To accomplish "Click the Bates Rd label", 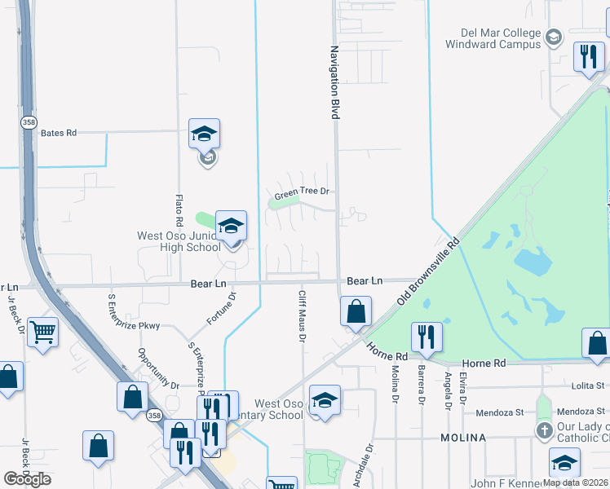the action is [x=58, y=132].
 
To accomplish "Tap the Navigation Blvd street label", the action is [x=334, y=82].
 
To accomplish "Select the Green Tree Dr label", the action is [x=301, y=193].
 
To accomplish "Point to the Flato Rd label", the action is [x=179, y=210].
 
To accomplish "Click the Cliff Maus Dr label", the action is [x=302, y=317].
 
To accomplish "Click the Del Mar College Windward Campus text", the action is [x=493, y=38].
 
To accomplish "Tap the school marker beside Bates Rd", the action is [x=205, y=134].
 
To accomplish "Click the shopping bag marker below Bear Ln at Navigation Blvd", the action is [x=356, y=311].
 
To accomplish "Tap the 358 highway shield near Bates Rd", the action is [x=29, y=121].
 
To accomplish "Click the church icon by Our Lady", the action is [x=544, y=430].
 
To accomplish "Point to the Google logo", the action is [x=27, y=478].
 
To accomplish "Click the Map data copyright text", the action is [x=576, y=482].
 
